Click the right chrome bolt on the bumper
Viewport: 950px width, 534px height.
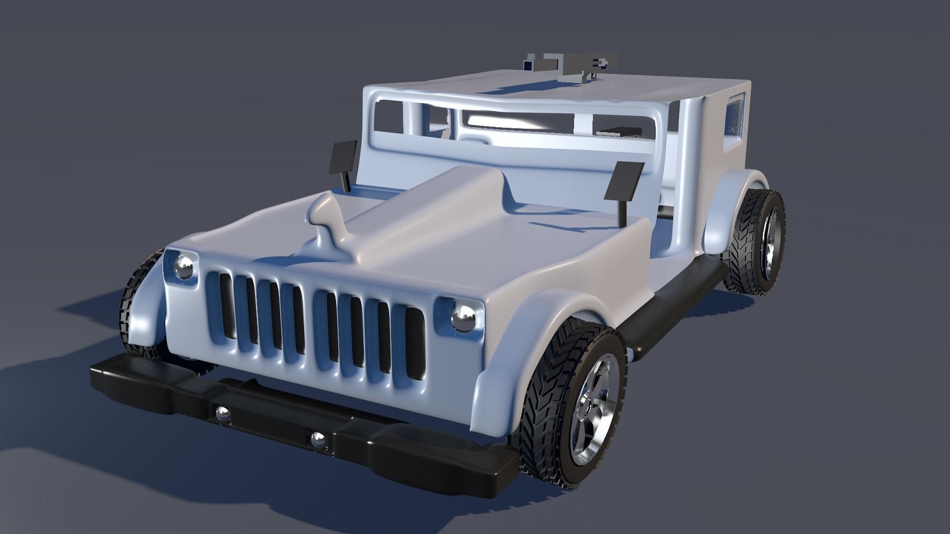[x=317, y=439]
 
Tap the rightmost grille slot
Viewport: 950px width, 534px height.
[x=415, y=343]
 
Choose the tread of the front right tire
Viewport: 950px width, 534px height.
[x=547, y=391]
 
